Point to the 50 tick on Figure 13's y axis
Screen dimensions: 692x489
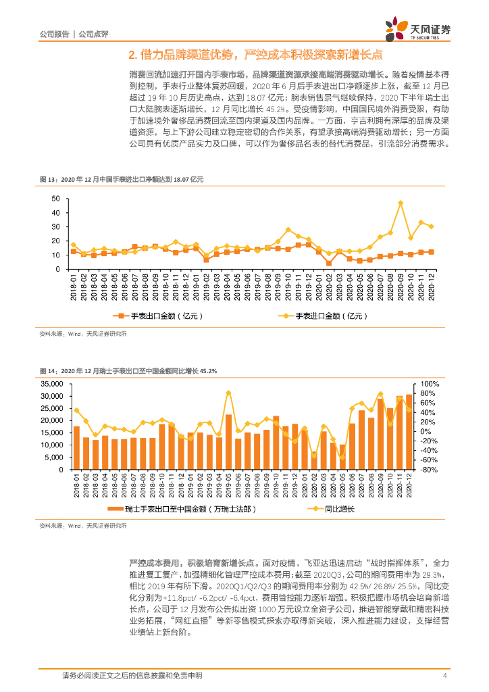(56, 199)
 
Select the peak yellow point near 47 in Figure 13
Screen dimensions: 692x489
(401, 203)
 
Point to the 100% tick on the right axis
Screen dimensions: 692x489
(430, 384)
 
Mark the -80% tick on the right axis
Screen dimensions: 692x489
(430, 469)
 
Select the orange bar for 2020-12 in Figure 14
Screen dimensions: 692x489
(409, 432)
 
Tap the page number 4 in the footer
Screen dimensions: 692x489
(444, 676)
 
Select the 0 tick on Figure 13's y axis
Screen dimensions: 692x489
(58, 269)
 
